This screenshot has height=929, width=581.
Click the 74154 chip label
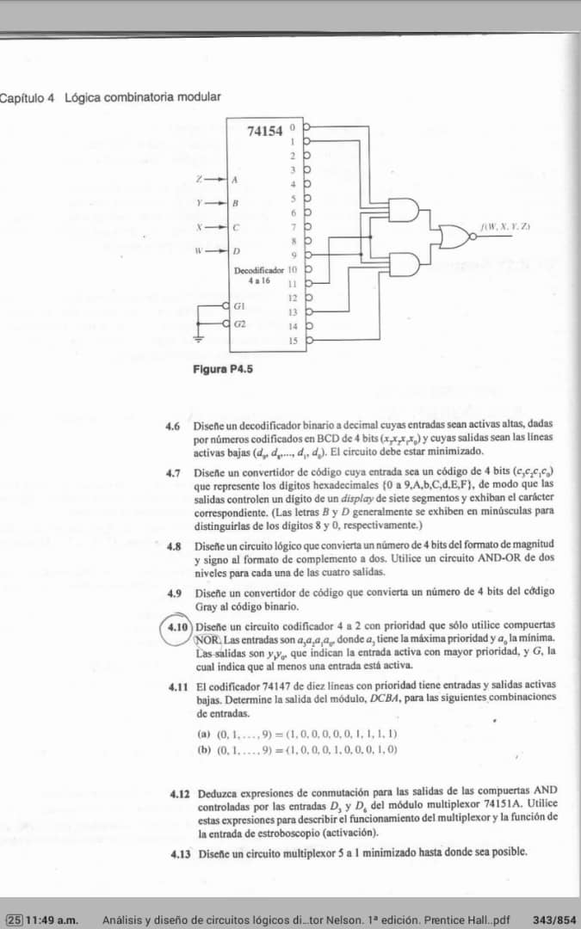pyautogui.click(x=264, y=132)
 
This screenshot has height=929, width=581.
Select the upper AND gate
pyautogui.click(x=405, y=212)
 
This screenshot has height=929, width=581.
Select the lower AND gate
pyautogui.click(x=405, y=265)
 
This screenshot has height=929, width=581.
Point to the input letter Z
pyautogui.click(x=199, y=179)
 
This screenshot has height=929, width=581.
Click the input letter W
pyautogui.click(x=199, y=253)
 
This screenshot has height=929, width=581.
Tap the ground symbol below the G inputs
pyautogui.click(x=200, y=338)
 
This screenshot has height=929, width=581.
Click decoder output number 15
pyautogui.click(x=293, y=341)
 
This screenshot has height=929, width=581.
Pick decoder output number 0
pyautogui.click(x=293, y=126)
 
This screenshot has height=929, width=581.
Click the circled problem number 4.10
pyautogui.click(x=177, y=628)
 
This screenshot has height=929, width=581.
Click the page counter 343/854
pyautogui.click(x=554, y=920)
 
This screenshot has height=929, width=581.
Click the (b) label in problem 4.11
pyautogui.click(x=204, y=749)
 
